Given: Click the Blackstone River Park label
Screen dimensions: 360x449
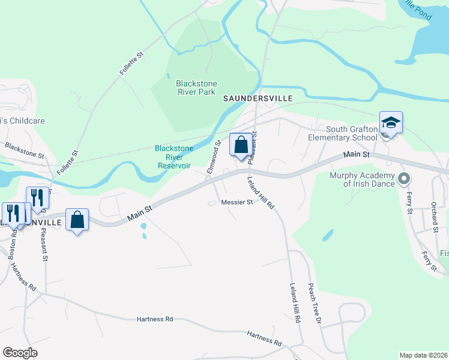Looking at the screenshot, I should pos(196,88).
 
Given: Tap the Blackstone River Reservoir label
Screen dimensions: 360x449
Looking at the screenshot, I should pos(174,157).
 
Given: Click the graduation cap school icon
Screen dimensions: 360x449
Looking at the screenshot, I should pos(391,123).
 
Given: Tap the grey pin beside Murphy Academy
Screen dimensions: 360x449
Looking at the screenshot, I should pos(404,178).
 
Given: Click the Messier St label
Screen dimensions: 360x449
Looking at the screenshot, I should pos(237,203).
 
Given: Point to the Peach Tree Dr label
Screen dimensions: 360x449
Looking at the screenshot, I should pos(315,303).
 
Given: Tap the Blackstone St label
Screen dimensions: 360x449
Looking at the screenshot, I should pos(24,150).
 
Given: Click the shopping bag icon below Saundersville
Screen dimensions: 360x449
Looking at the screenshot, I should pos(241,145).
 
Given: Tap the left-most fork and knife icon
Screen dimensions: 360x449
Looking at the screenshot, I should pos(12,214).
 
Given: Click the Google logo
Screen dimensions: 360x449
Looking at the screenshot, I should pos(20,353).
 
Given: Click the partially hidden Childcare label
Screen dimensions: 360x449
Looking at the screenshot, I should pos(22,121).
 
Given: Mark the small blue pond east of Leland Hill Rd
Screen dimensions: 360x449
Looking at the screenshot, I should pos(328,235).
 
